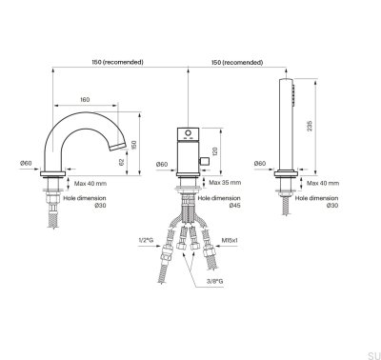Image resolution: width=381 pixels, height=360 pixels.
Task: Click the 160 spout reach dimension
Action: coord(85,100)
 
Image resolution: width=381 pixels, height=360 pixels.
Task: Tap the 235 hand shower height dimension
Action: coord(310,126)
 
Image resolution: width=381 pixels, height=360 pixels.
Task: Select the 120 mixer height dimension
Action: coord(215,151)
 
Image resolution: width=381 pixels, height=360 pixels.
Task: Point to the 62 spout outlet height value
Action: coord(122,162)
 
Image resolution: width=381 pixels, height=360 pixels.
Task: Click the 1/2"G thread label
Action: coord(146,240)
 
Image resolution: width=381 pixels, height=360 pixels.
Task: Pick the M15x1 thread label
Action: coord(230,240)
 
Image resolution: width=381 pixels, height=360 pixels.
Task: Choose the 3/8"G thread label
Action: coord(214,281)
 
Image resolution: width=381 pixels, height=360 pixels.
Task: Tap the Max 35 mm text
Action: coord(225,183)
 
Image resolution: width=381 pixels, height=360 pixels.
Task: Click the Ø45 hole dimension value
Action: coord(235,206)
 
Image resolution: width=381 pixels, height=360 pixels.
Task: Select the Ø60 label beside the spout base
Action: coord(26,163)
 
